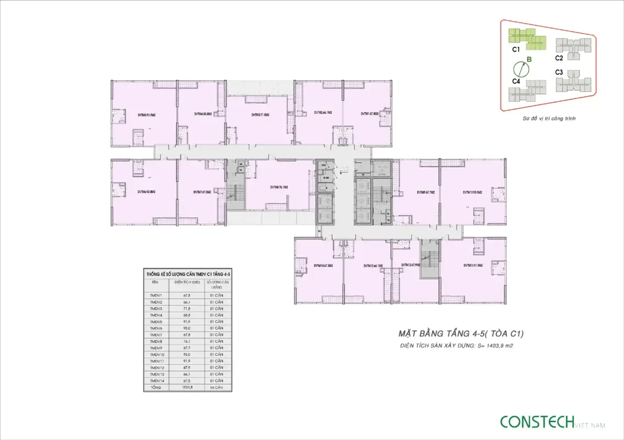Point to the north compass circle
[521, 69]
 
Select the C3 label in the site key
[559, 72]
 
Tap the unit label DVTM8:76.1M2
[280, 186]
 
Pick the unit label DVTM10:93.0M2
[472, 192]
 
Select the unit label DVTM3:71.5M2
[260, 115]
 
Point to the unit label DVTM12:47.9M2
[410, 265]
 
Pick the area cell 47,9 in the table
[187, 367]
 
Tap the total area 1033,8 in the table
[187, 388]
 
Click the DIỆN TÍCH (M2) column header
[187, 282]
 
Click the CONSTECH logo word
[537, 422]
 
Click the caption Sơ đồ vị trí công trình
[549, 118]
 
